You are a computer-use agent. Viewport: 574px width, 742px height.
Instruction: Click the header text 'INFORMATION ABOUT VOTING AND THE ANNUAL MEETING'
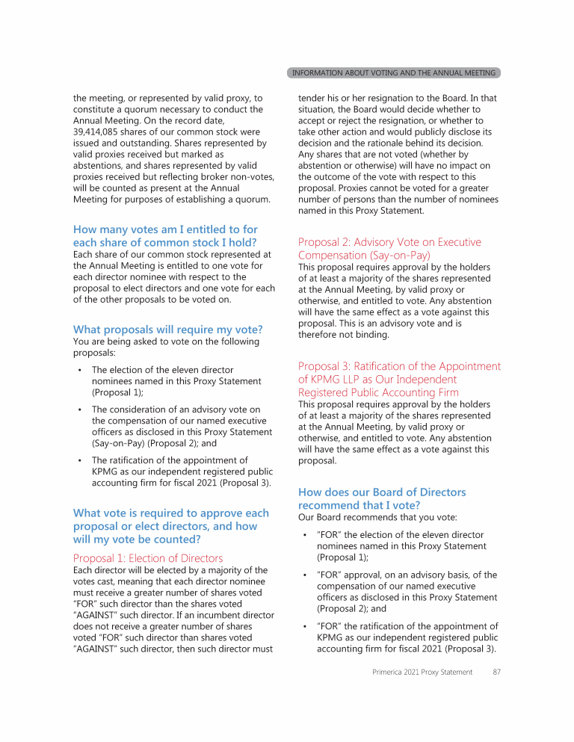393,72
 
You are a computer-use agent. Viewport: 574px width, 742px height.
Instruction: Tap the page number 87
497,672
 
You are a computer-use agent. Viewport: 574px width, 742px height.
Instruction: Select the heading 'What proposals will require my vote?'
167,330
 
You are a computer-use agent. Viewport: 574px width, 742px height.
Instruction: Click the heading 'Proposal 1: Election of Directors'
148,558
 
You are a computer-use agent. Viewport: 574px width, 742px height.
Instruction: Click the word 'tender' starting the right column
312,98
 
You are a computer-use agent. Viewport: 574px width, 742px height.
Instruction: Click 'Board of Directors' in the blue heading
419,492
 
